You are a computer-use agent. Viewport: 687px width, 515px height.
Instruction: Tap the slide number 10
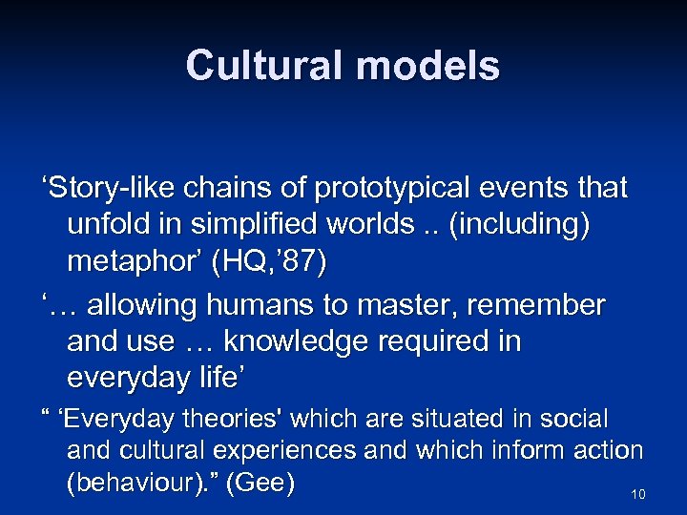(638, 494)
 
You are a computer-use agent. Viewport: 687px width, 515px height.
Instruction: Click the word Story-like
(106, 188)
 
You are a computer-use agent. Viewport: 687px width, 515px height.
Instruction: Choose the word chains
(227, 188)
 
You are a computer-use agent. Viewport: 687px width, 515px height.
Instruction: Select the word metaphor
(134, 264)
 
